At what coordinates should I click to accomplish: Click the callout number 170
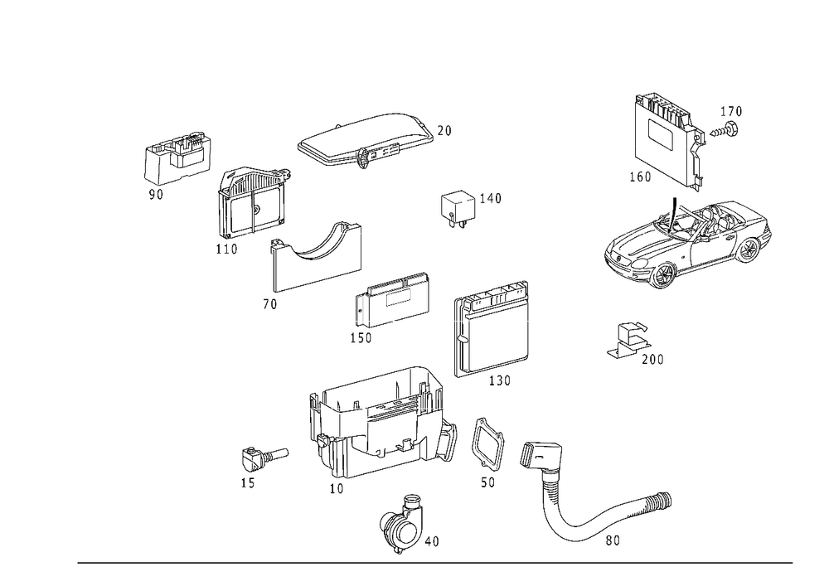pyautogui.click(x=731, y=112)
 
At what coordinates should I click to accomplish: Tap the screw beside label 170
pyautogui.click(x=725, y=129)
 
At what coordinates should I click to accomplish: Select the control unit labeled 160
pyautogui.click(x=670, y=139)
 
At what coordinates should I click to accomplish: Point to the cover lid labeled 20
pyautogui.click(x=366, y=139)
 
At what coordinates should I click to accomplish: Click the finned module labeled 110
pyautogui.click(x=252, y=202)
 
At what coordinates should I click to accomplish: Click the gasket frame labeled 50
pyautogui.click(x=488, y=445)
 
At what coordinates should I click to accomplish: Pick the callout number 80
pyautogui.click(x=613, y=540)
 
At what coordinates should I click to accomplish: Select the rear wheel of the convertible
pyautogui.click(x=749, y=249)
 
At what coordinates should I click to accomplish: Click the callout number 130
pyautogui.click(x=500, y=380)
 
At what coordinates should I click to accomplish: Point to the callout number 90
pyautogui.click(x=156, y=195)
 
